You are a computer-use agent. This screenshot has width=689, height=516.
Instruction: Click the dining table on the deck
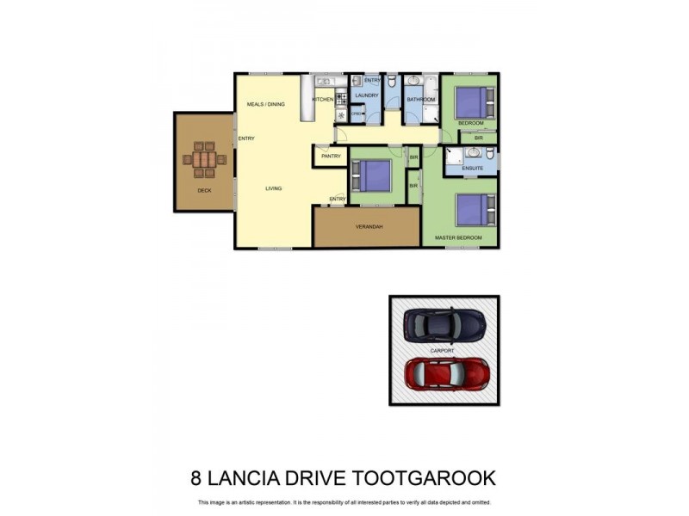tap(204, 159)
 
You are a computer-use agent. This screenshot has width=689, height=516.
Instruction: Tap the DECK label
tap(204, 190)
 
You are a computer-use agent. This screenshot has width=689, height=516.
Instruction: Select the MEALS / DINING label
tap(265, 104)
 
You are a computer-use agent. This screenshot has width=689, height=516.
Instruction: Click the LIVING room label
tap(273, 188)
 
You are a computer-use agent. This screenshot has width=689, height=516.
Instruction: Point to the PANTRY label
tap(331, 157)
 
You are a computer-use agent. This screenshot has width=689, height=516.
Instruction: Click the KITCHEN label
tap(322, 100)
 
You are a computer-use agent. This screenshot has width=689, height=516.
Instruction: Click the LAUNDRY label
tap(367, 95)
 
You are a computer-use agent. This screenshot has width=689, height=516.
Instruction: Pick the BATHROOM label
tap(421, 100)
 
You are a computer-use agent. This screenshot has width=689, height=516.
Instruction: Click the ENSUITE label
tap(472, 169)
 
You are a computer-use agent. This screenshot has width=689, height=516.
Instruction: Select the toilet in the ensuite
tap(489, 155)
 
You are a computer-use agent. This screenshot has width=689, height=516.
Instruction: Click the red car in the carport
tap(447, 373)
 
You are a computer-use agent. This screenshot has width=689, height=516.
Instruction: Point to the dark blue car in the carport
tap(445, 324)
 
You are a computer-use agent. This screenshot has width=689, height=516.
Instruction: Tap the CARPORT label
tap(443, 351)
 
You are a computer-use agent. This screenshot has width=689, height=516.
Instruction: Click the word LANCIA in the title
tap(243, 478)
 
